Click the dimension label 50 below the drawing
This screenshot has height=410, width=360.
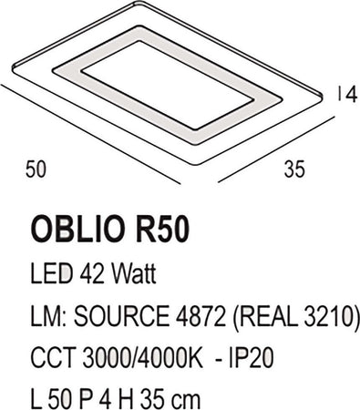(36, 169)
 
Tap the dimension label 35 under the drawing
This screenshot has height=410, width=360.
(293, 169)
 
